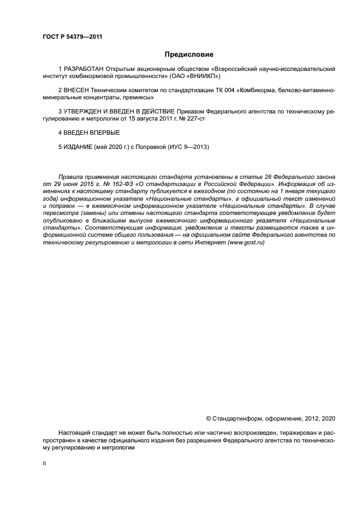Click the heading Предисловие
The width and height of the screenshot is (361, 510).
[x=188, y=54]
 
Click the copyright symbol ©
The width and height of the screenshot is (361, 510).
[x=208, y=418]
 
